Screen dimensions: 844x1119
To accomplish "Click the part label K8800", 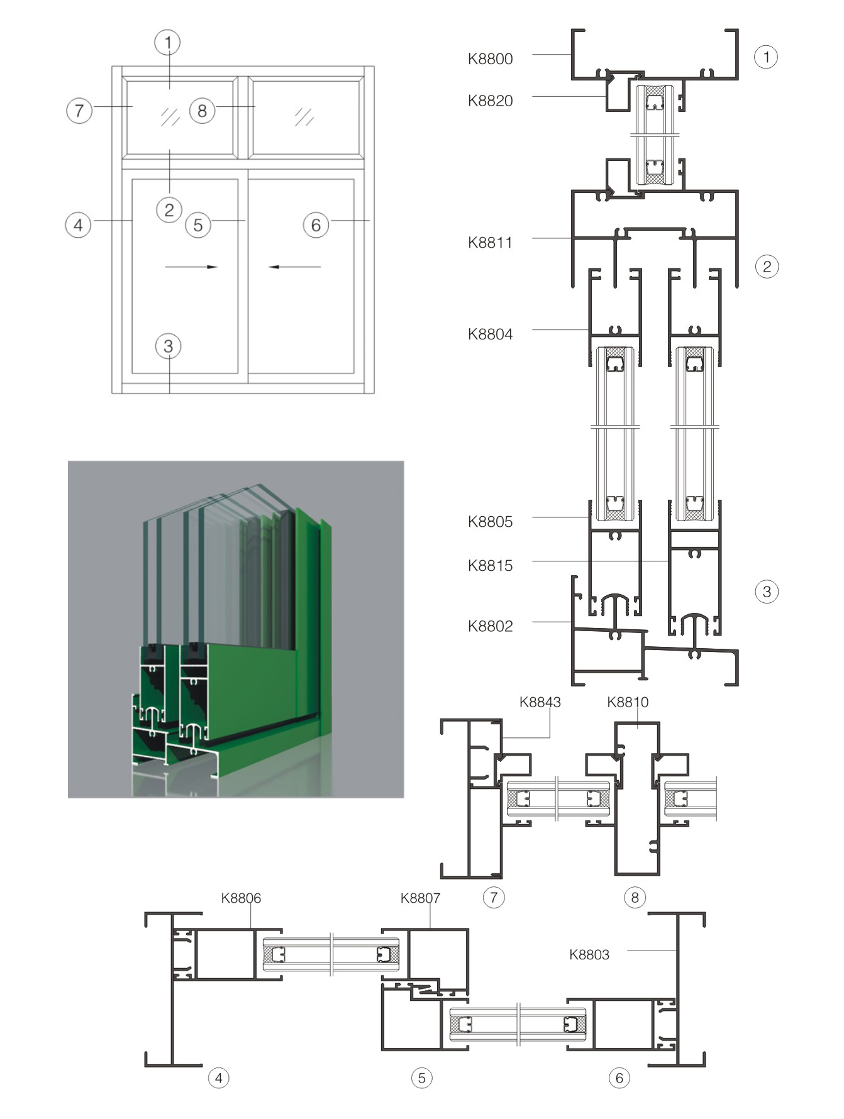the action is click(x=490, y=59).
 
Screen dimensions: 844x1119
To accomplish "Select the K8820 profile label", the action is click(x=490, y=101).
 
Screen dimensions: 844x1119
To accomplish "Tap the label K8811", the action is click(x=490, y=243).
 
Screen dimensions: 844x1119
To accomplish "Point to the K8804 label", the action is click(x=490, y=334).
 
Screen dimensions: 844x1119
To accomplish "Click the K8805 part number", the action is click(x=490, y=522).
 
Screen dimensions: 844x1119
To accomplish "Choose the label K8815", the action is click(x=490, y=566).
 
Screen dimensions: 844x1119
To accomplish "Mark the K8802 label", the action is click(x=490, y=626).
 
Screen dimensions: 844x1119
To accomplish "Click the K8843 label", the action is click(x=540, y=702).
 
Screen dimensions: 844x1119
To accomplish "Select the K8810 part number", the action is click(x=628, y=702).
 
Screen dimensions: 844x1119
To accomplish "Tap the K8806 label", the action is click(x=241, y=898).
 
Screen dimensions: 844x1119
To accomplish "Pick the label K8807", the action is click(x=420, y=898).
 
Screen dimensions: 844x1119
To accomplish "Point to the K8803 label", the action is click(x=589, y=955).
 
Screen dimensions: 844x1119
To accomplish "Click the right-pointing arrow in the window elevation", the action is click(x=191, y=267).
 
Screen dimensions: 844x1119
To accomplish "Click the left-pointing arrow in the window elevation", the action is click(x=294, y=267).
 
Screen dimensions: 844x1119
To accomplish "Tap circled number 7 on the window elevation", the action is click(x=79, y=111).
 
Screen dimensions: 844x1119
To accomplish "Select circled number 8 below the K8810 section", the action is click(x=635, y=897).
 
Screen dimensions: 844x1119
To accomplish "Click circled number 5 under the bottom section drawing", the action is click(x=422, y=1078).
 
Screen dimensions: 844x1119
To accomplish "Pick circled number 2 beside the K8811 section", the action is click(x=767, y=267).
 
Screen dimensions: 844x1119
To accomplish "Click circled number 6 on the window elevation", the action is click(x=316, y=225).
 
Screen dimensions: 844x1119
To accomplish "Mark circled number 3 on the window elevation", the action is click(x=168, y=346).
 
